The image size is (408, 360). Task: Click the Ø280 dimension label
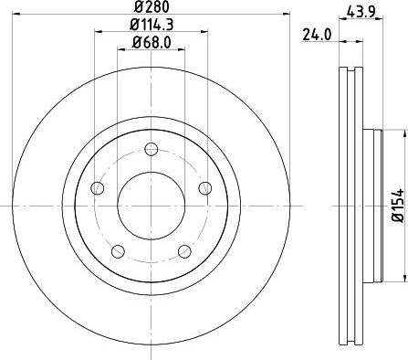click(x=152, y=7)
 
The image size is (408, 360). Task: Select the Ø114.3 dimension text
click(x=152, y=25)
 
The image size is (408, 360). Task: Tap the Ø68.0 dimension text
click(x=152, y=42)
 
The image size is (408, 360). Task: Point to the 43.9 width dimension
click(x=361, y=12)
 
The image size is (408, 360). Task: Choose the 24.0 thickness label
click(x=317, y=35)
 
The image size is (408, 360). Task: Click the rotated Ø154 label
click(x=398, y=206)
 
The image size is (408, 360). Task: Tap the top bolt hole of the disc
click(x=152, y=149)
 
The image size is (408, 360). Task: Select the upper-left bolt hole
click(x=98, y=188)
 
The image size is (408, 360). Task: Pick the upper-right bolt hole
click(x=205, y=188)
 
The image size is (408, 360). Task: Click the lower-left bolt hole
click(x=118, y=251)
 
